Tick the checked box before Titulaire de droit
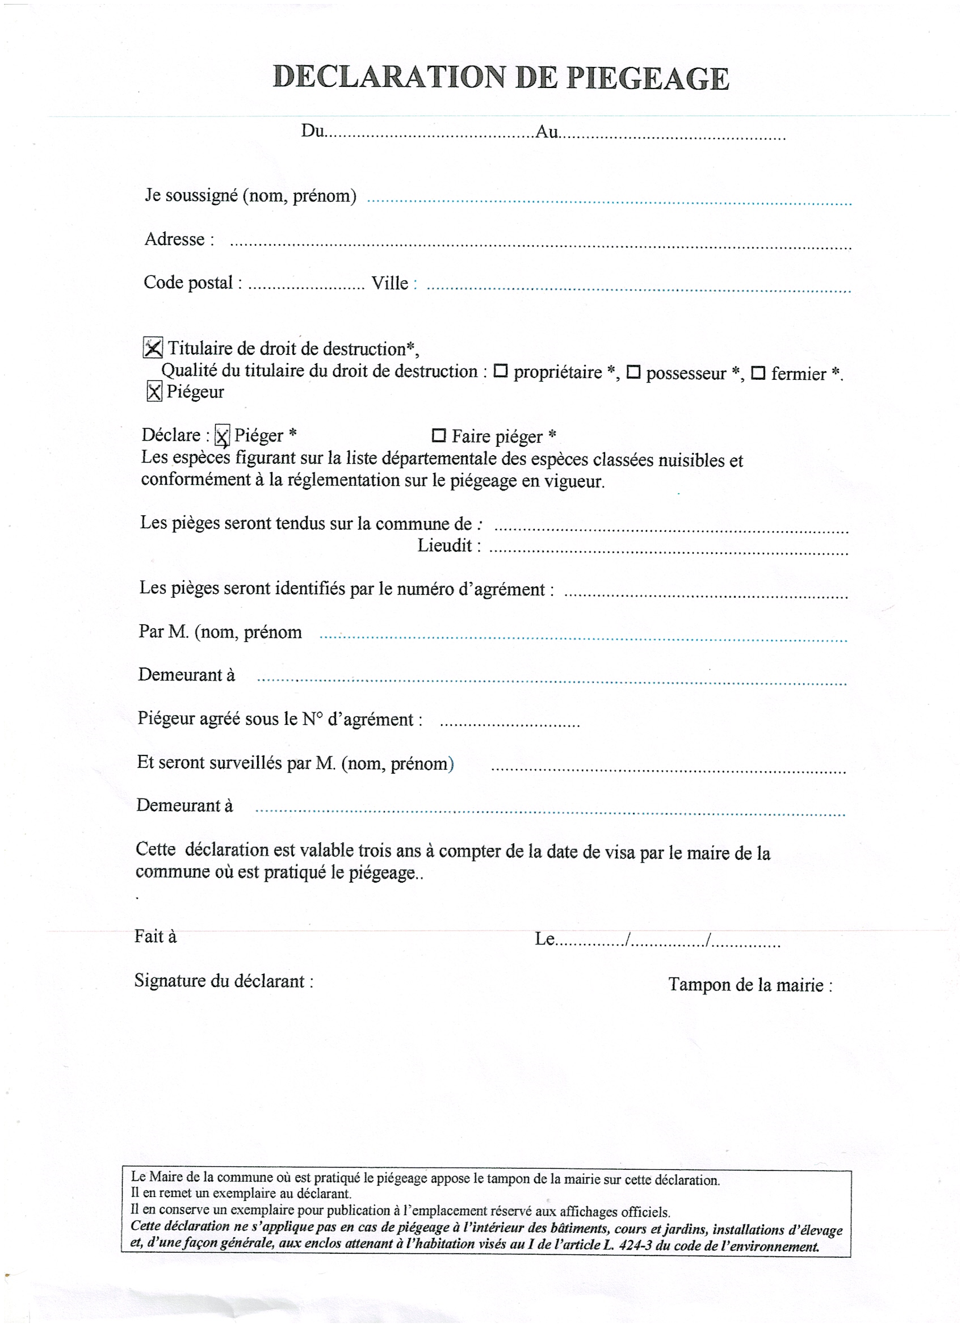[153, 348]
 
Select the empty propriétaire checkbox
[500, 371]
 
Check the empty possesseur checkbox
[633, 372]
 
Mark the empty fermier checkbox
[758, 373]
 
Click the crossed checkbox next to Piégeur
[154, 392]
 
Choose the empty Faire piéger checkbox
[438, 436]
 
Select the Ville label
[391, 283]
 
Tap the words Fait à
[156, 937]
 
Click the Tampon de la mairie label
[750, 985]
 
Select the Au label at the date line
[547, 132]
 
